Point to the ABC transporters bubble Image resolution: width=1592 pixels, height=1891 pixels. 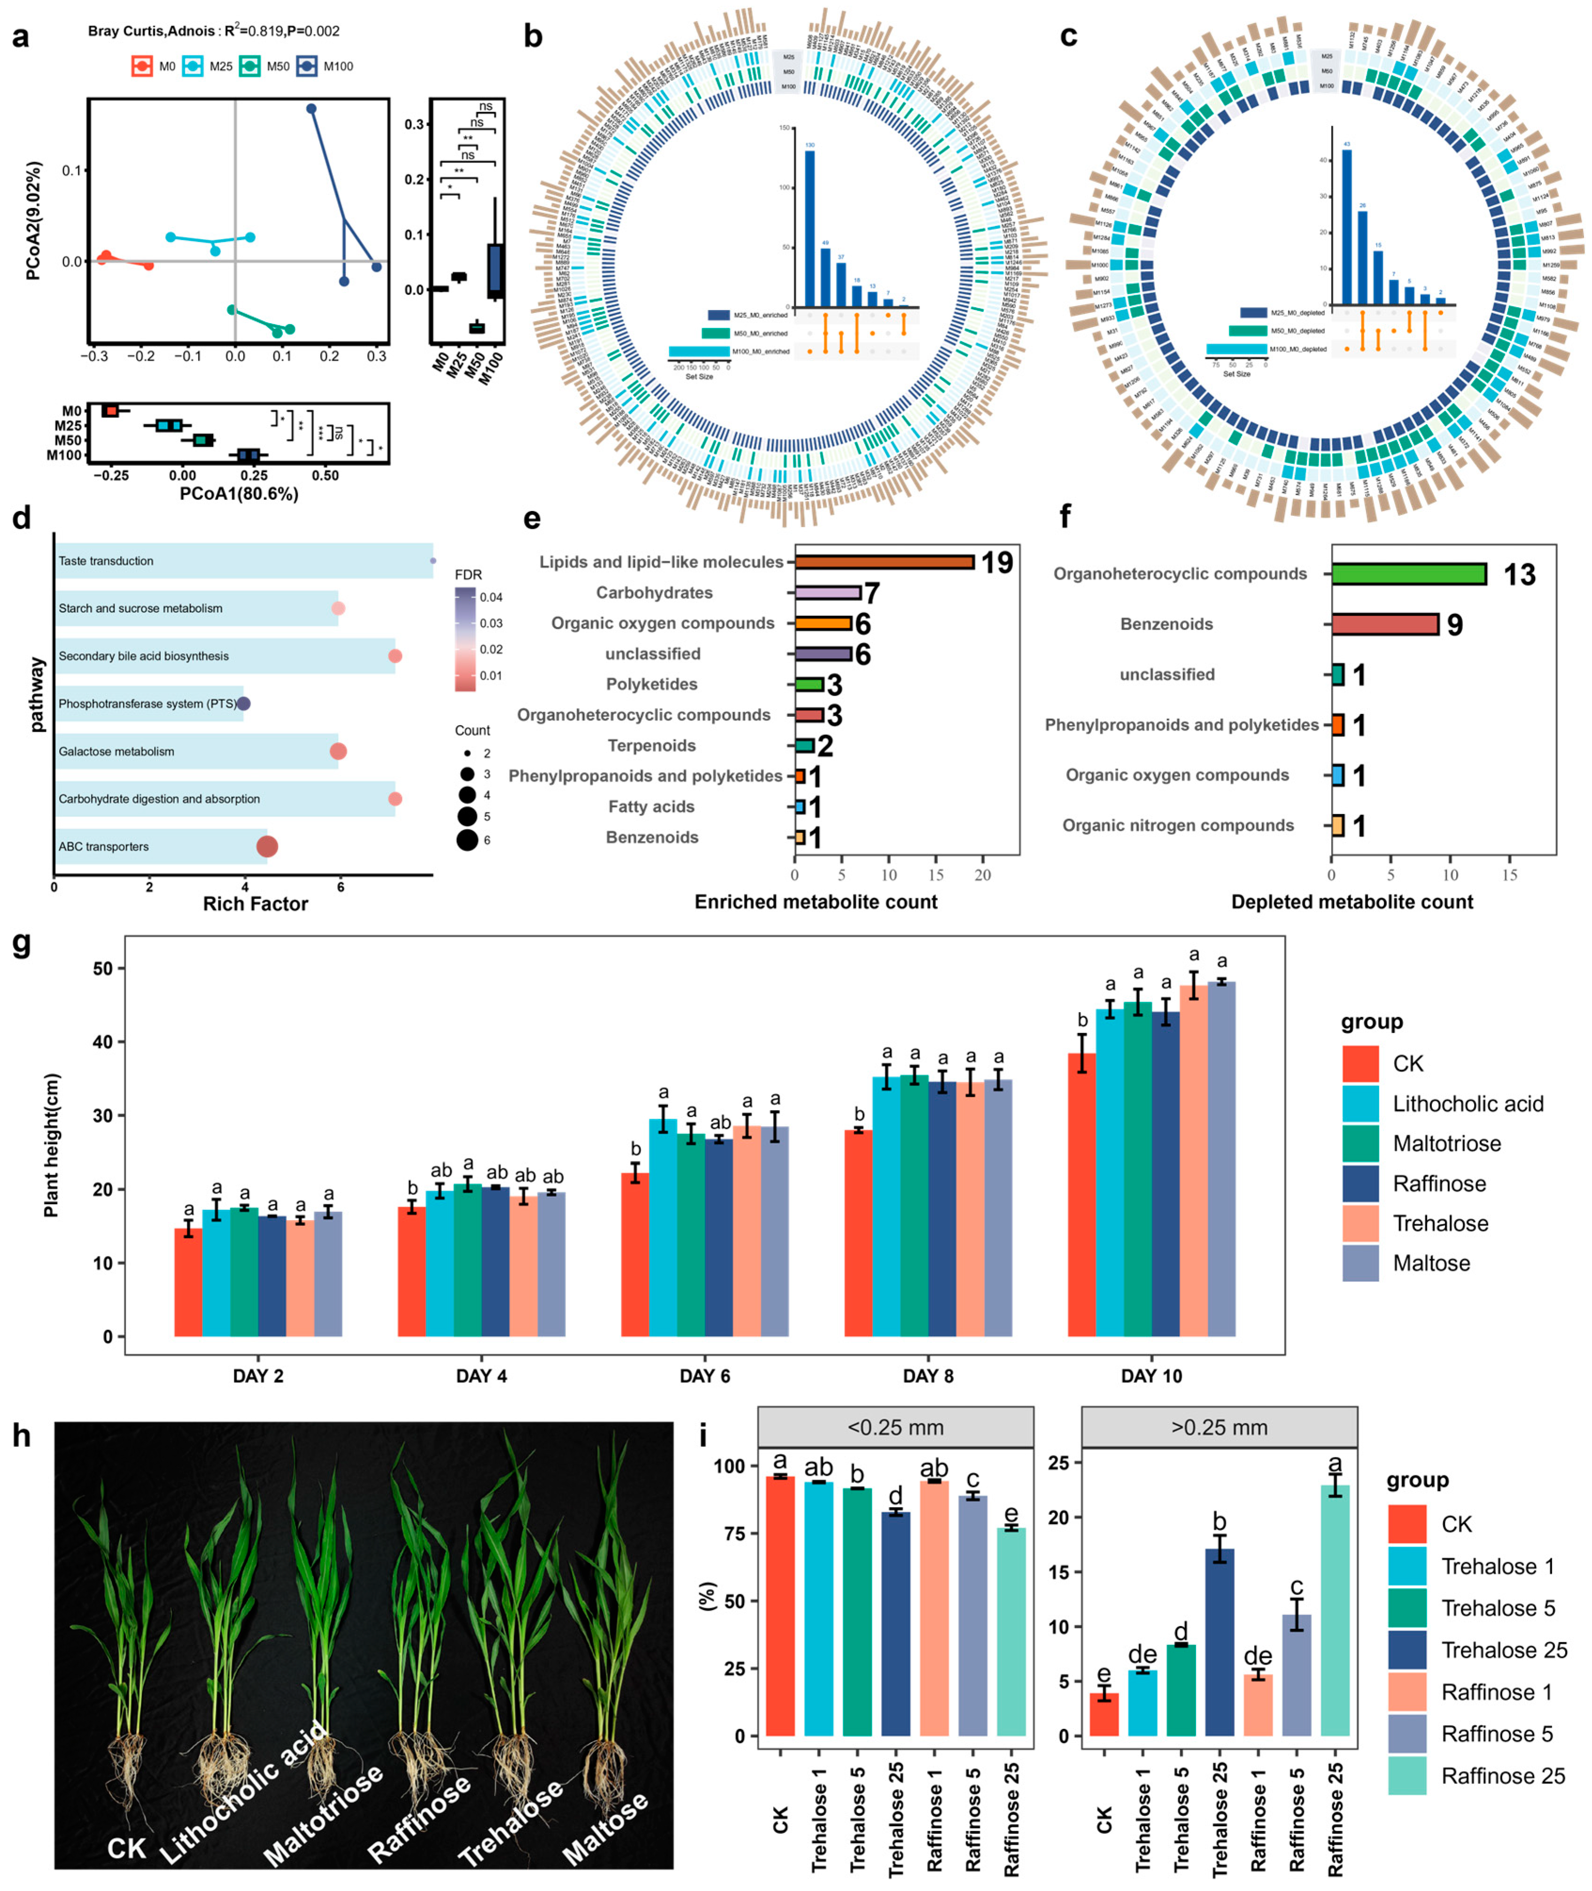267,846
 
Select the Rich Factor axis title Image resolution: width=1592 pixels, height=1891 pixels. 255,904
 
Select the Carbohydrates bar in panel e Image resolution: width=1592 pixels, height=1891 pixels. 827,593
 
